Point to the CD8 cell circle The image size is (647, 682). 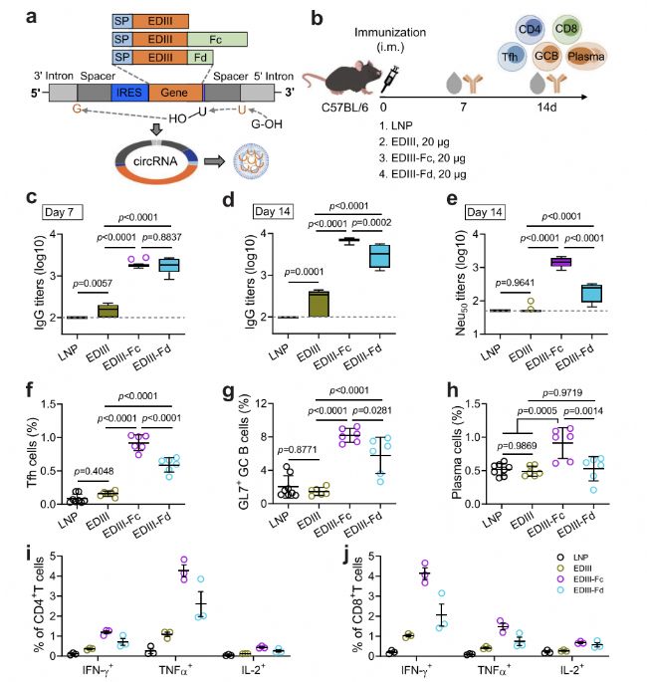pos(567,28)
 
